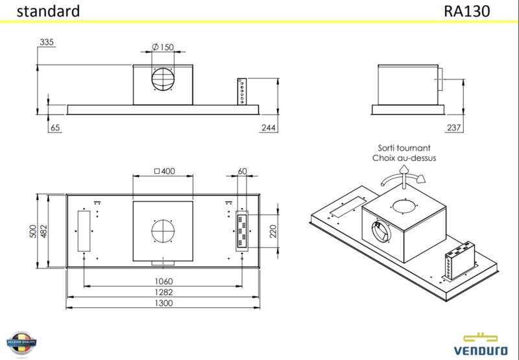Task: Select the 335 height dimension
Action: click(x=46, y=42)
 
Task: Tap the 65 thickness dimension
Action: click(x=55, y=128)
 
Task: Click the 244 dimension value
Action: click(x=269, y=128)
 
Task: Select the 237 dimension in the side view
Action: click(x=454, y=128)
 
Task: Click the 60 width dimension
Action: click(x=243, y=171)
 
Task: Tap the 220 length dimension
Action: click(x=273, y=232)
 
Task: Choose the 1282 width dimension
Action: click(x=163, y=293)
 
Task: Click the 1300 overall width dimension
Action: click(x=163, y=304)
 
